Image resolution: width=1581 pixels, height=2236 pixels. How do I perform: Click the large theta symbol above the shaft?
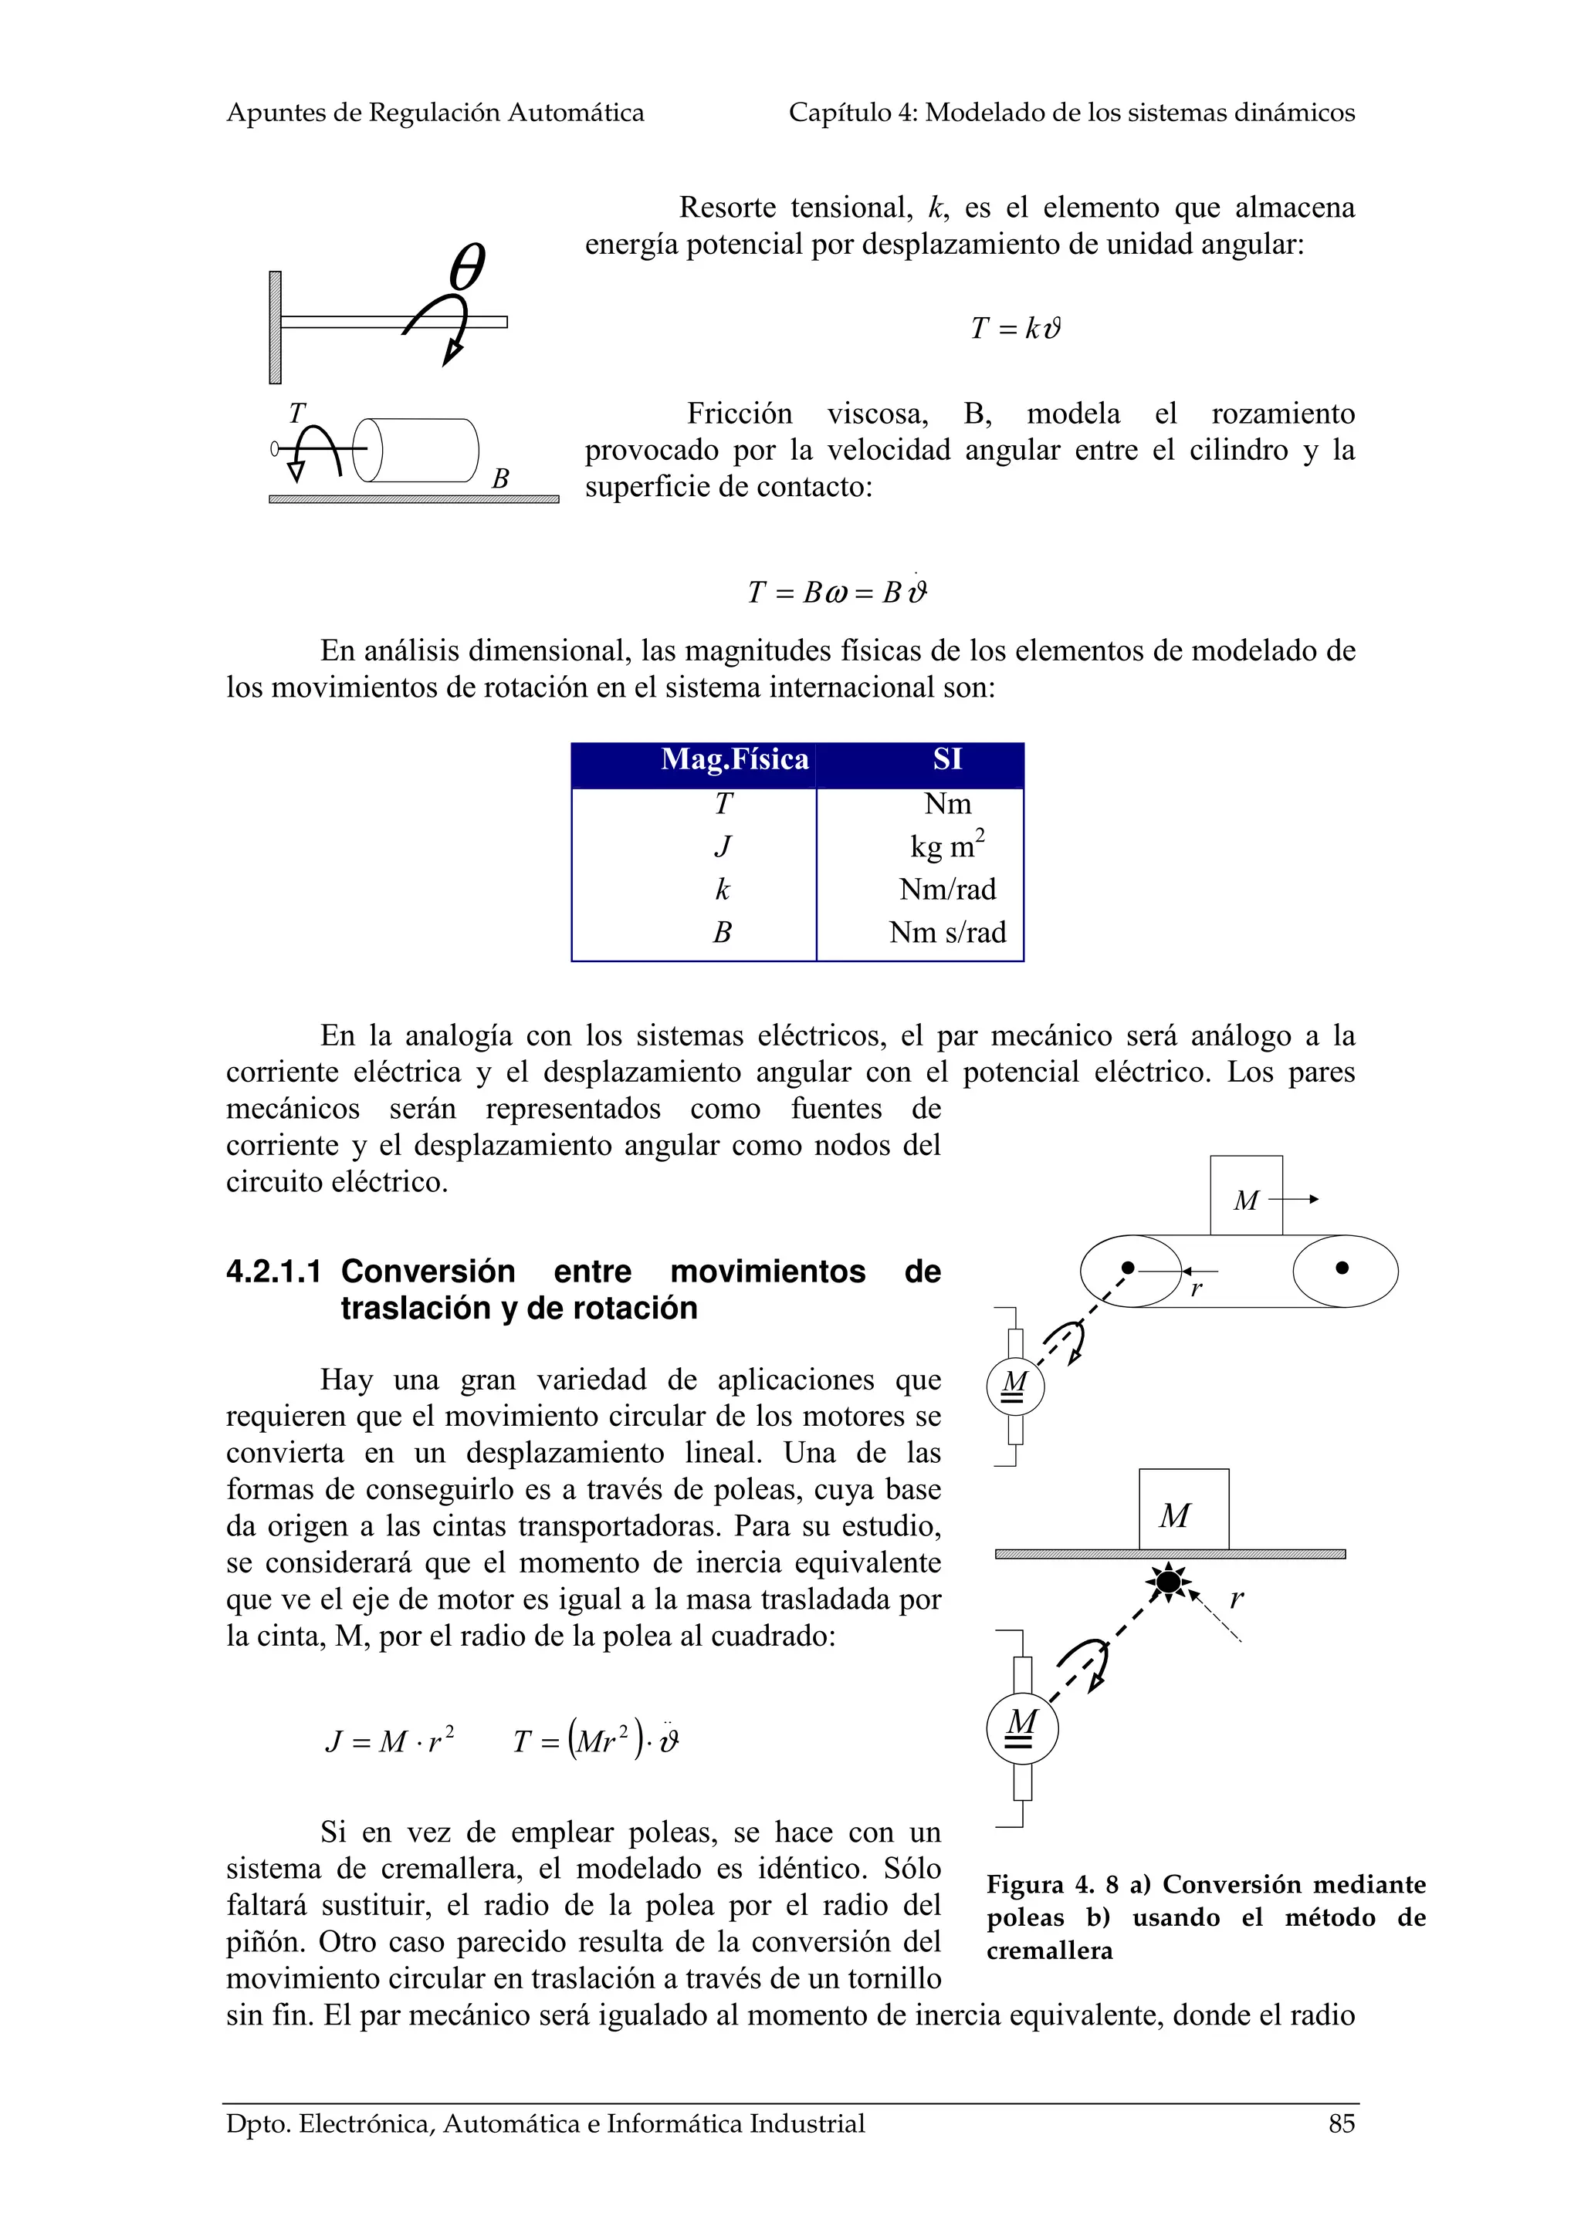point(468,267)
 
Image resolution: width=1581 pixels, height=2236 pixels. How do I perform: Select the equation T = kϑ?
point(1014,328)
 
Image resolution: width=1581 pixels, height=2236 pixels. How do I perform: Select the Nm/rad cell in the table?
point(947,888)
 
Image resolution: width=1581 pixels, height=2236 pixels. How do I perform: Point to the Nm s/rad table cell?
point(947,932)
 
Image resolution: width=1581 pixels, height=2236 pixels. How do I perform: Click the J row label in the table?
point(722,846)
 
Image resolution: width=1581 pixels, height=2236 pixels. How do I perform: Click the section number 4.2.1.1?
point(273,1271)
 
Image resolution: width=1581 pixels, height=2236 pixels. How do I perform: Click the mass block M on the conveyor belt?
point(1245,1197)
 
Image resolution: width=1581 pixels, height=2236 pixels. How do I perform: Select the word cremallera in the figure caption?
point(1048,1951)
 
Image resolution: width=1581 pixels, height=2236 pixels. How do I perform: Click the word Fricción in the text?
point(740,413)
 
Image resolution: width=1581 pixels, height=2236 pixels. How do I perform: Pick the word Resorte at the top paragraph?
point(726,208)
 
